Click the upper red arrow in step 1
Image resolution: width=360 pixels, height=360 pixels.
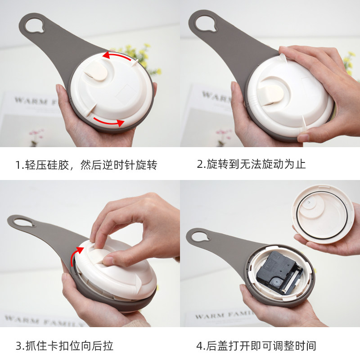pos(116,55)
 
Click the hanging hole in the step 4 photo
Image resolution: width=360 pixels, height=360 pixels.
pos(199,237)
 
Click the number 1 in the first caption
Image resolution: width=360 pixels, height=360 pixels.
pos(18,165)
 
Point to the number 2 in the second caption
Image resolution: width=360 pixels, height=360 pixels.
pos(200,164)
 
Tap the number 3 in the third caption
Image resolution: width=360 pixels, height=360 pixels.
pos(19,346)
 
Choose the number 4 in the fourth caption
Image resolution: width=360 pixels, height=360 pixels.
pos(199,346)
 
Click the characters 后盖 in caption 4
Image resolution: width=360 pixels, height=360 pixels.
pos(217,346)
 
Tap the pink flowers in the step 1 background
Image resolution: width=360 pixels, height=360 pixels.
pos(37,134)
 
